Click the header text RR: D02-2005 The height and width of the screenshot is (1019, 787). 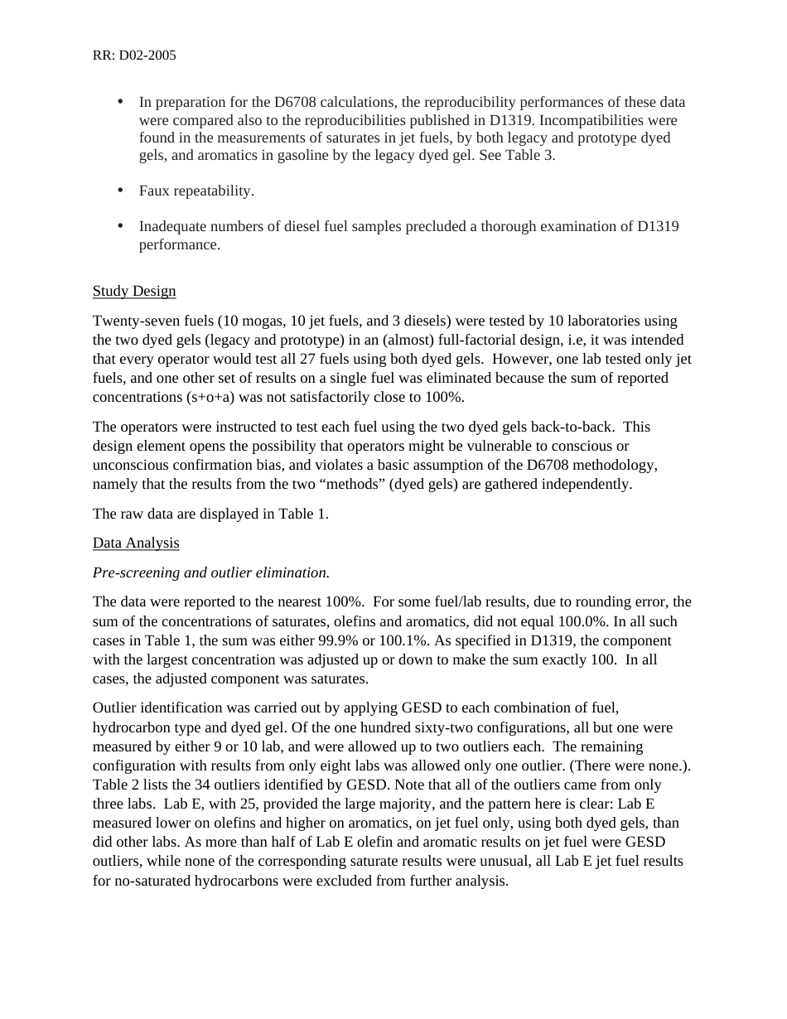coord(134,56)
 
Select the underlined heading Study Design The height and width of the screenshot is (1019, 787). coord(134,291)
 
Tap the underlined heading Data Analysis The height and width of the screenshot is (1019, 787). coord(136,543)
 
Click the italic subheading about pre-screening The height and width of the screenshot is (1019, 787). coord(211,572)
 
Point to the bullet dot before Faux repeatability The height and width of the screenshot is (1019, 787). coord(120,190)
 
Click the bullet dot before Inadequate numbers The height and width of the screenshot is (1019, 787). coord(120,225)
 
